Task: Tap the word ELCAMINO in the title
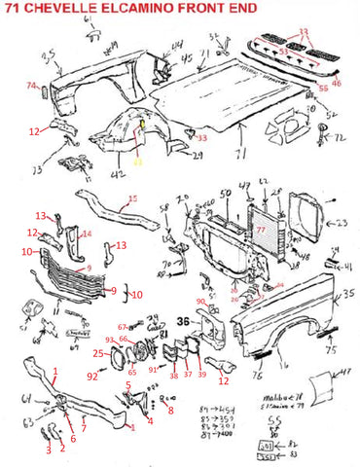pyautogui.click(x=140, y=9)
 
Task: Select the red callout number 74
pyautogui.click(x=30, y=87)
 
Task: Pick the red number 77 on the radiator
pyautogui.click(x=260, y=232)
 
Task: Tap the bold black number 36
pyautogui.click(x=183, y=321)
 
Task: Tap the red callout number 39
pyautogui.click(x=201, y=375)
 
